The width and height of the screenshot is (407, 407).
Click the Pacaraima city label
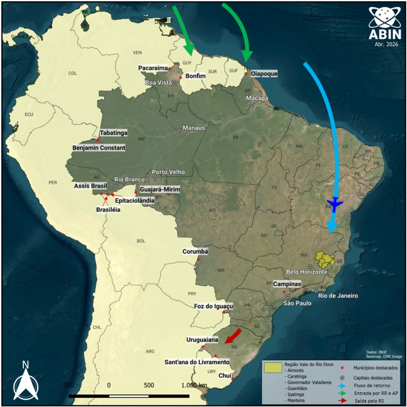point(152,68)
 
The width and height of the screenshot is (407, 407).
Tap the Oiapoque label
point(264,74)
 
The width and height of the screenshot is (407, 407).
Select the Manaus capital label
point(193,128)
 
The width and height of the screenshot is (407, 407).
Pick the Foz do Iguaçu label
point(214,306)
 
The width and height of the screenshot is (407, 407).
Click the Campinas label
point(287,285)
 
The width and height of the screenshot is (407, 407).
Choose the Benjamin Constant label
point(99,148)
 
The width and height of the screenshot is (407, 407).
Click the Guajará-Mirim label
point(161,190)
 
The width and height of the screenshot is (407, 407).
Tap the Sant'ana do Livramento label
point(197,362)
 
